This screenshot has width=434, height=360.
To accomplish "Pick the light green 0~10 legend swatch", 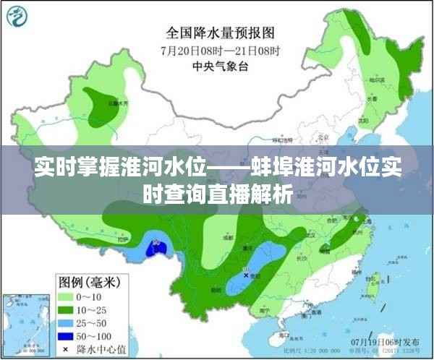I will click(67, 296).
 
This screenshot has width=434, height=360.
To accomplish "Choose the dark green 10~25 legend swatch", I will click(67, 309).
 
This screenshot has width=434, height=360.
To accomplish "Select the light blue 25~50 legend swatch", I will click(67, 323).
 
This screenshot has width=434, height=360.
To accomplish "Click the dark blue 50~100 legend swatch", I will click(67, 337).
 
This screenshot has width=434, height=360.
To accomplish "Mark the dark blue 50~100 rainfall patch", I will click(155, 249).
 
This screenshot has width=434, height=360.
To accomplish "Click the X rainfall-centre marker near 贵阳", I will click(247, 275).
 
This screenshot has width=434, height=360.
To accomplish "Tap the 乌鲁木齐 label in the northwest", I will click(114, 103).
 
